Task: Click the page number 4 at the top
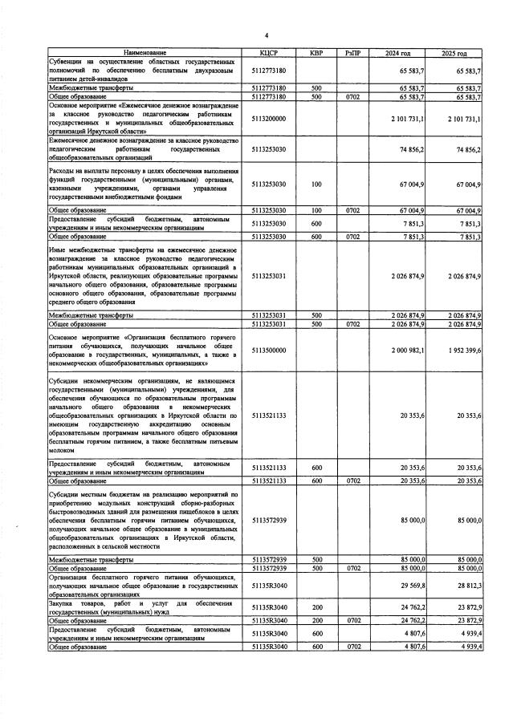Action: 266,34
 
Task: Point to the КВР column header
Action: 316,53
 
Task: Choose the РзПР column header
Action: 352,53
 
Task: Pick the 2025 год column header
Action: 454,53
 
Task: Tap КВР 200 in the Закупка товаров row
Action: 316,607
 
